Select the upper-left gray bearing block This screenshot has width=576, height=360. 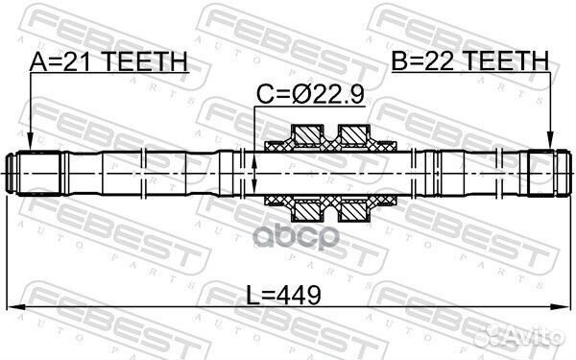307,132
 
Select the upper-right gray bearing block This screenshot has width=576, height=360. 354,132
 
